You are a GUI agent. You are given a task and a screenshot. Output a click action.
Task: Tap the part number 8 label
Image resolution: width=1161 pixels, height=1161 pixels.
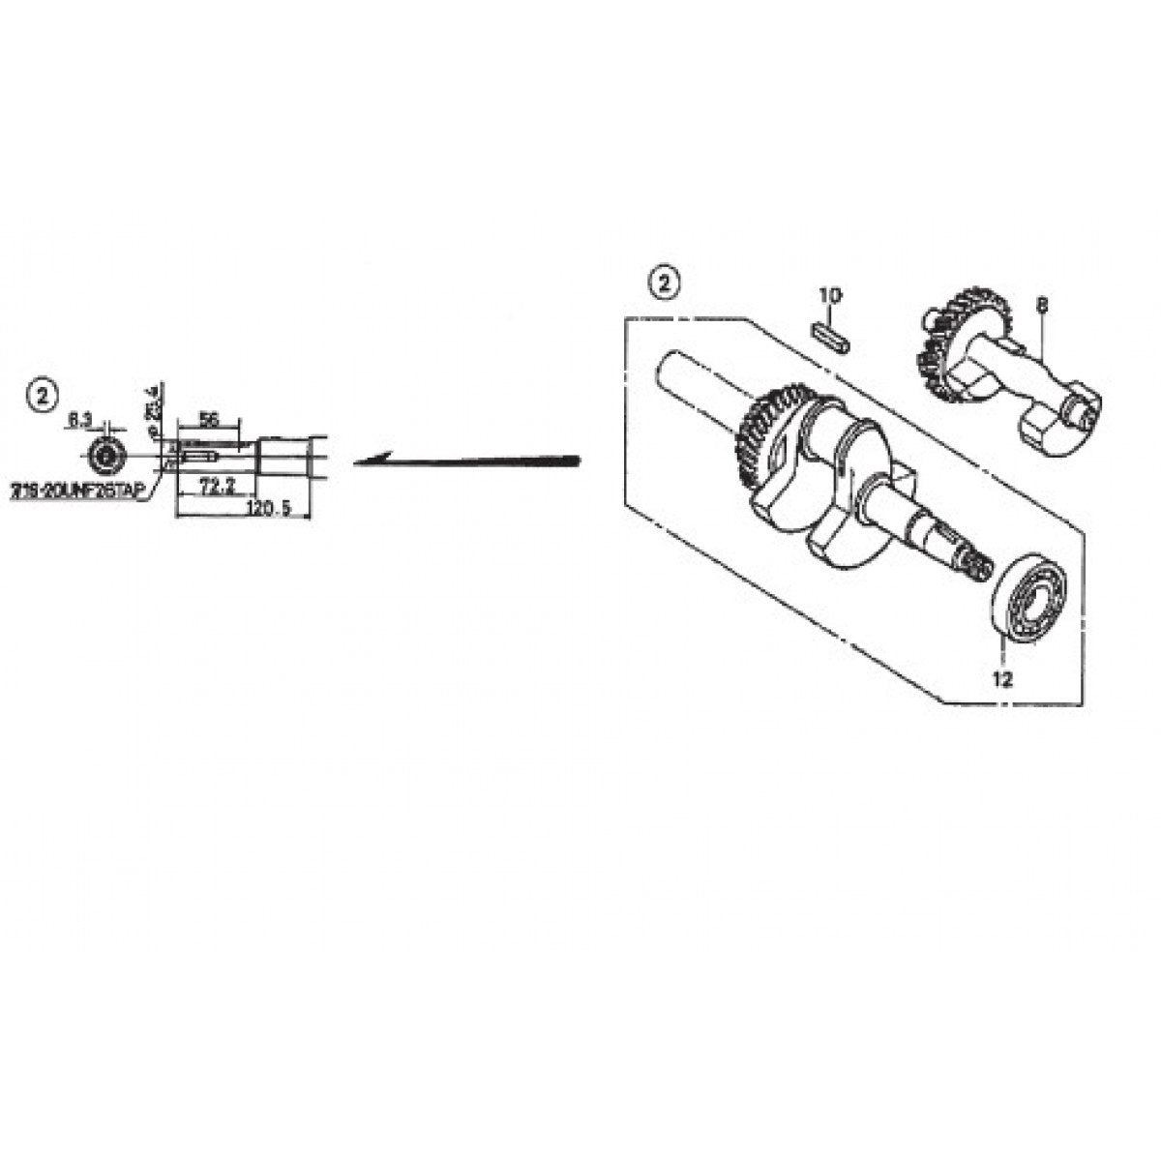[1042, 306]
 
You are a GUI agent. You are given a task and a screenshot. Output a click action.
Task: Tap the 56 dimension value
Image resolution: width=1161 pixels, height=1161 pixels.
[206, 419]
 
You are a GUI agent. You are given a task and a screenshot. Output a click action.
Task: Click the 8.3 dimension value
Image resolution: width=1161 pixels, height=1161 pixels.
[81, 421]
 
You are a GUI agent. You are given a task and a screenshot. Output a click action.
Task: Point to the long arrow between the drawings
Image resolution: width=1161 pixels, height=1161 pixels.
[464, 461]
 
